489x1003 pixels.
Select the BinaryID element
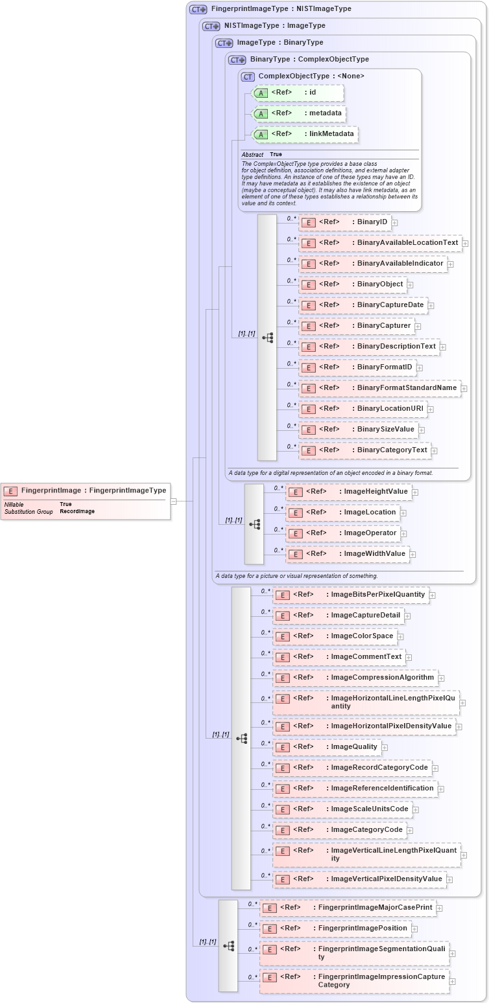coord(344,222)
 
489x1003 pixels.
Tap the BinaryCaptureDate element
coord(363,305)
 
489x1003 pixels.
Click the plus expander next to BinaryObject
coord(411,284)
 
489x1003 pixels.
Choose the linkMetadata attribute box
coord(305,134)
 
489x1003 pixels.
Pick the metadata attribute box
coord(298,113)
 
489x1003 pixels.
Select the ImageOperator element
coord(343,533)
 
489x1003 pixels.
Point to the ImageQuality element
coord(327,747)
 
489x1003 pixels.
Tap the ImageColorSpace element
coord(335,636)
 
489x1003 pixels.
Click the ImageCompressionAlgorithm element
coord(355,678)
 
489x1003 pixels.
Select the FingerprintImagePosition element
coord(335,928)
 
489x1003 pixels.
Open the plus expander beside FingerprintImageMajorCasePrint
coord(440,908)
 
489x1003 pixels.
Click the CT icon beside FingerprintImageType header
coord(198,9)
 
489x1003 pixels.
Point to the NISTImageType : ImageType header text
coord(274,26)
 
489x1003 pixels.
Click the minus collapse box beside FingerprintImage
coord(174,501)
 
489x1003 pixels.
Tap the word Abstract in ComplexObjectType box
coord(252,155)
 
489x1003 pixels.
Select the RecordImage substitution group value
coord(77,512)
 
